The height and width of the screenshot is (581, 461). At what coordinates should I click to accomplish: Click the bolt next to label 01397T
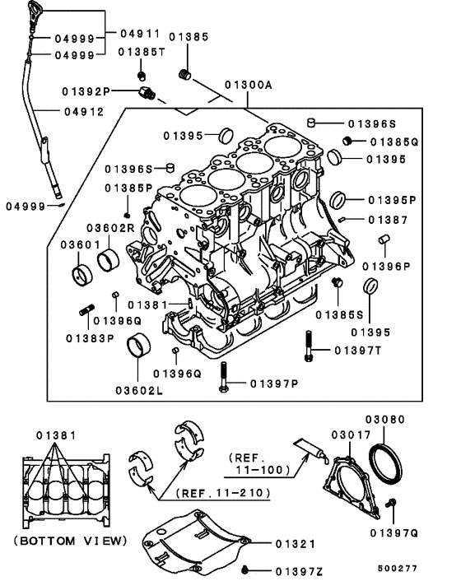[x=309, y=346]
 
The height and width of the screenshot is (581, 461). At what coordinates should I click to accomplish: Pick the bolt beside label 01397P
[x=222, y=383]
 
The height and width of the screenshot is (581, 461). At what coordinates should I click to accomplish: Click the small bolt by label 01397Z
[x=245, y=569]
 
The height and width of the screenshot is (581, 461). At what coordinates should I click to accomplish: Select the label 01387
[x=388, y=220]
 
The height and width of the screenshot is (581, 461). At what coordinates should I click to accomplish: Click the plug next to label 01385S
[x=336, y=284]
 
